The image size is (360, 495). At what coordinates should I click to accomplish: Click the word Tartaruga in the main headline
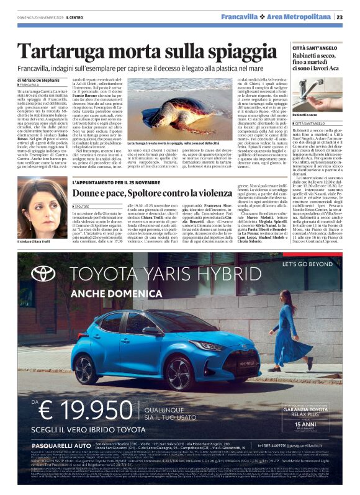tap(67, 51)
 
